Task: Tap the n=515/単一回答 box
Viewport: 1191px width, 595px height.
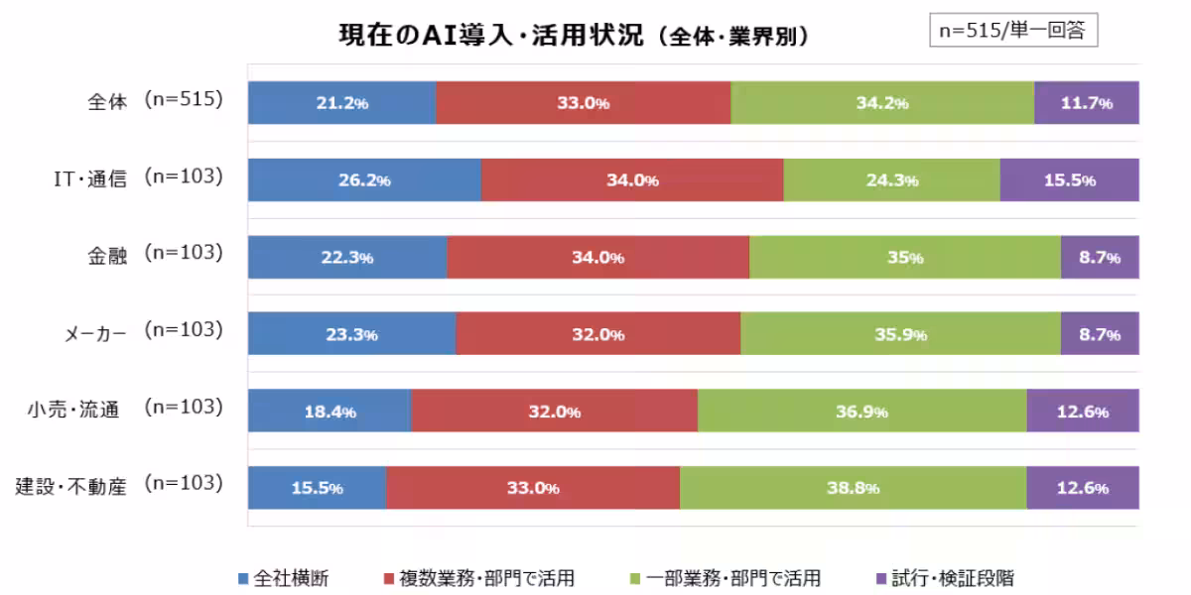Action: (1013, 31)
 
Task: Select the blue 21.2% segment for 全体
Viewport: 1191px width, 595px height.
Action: (341, 103)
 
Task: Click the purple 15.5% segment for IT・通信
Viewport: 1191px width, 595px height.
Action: (1069, 180)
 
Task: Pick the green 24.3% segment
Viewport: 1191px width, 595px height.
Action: (891, 180)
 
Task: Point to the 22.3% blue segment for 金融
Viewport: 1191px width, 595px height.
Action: (347, 258)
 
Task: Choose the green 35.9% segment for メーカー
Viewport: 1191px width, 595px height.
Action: (900, 335)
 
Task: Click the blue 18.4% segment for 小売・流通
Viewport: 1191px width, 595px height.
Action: (330, 412)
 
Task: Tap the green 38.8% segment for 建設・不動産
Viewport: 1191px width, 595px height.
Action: (853, 488)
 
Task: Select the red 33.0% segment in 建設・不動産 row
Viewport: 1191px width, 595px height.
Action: (533, 488)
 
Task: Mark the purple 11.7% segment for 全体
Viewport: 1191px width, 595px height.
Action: (1086, 103)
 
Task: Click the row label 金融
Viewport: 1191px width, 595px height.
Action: (106, 255)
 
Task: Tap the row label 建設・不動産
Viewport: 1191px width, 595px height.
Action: (70, 487)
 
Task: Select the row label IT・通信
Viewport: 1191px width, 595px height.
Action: (90, 179)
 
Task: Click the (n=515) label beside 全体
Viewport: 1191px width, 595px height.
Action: (183, 99)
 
